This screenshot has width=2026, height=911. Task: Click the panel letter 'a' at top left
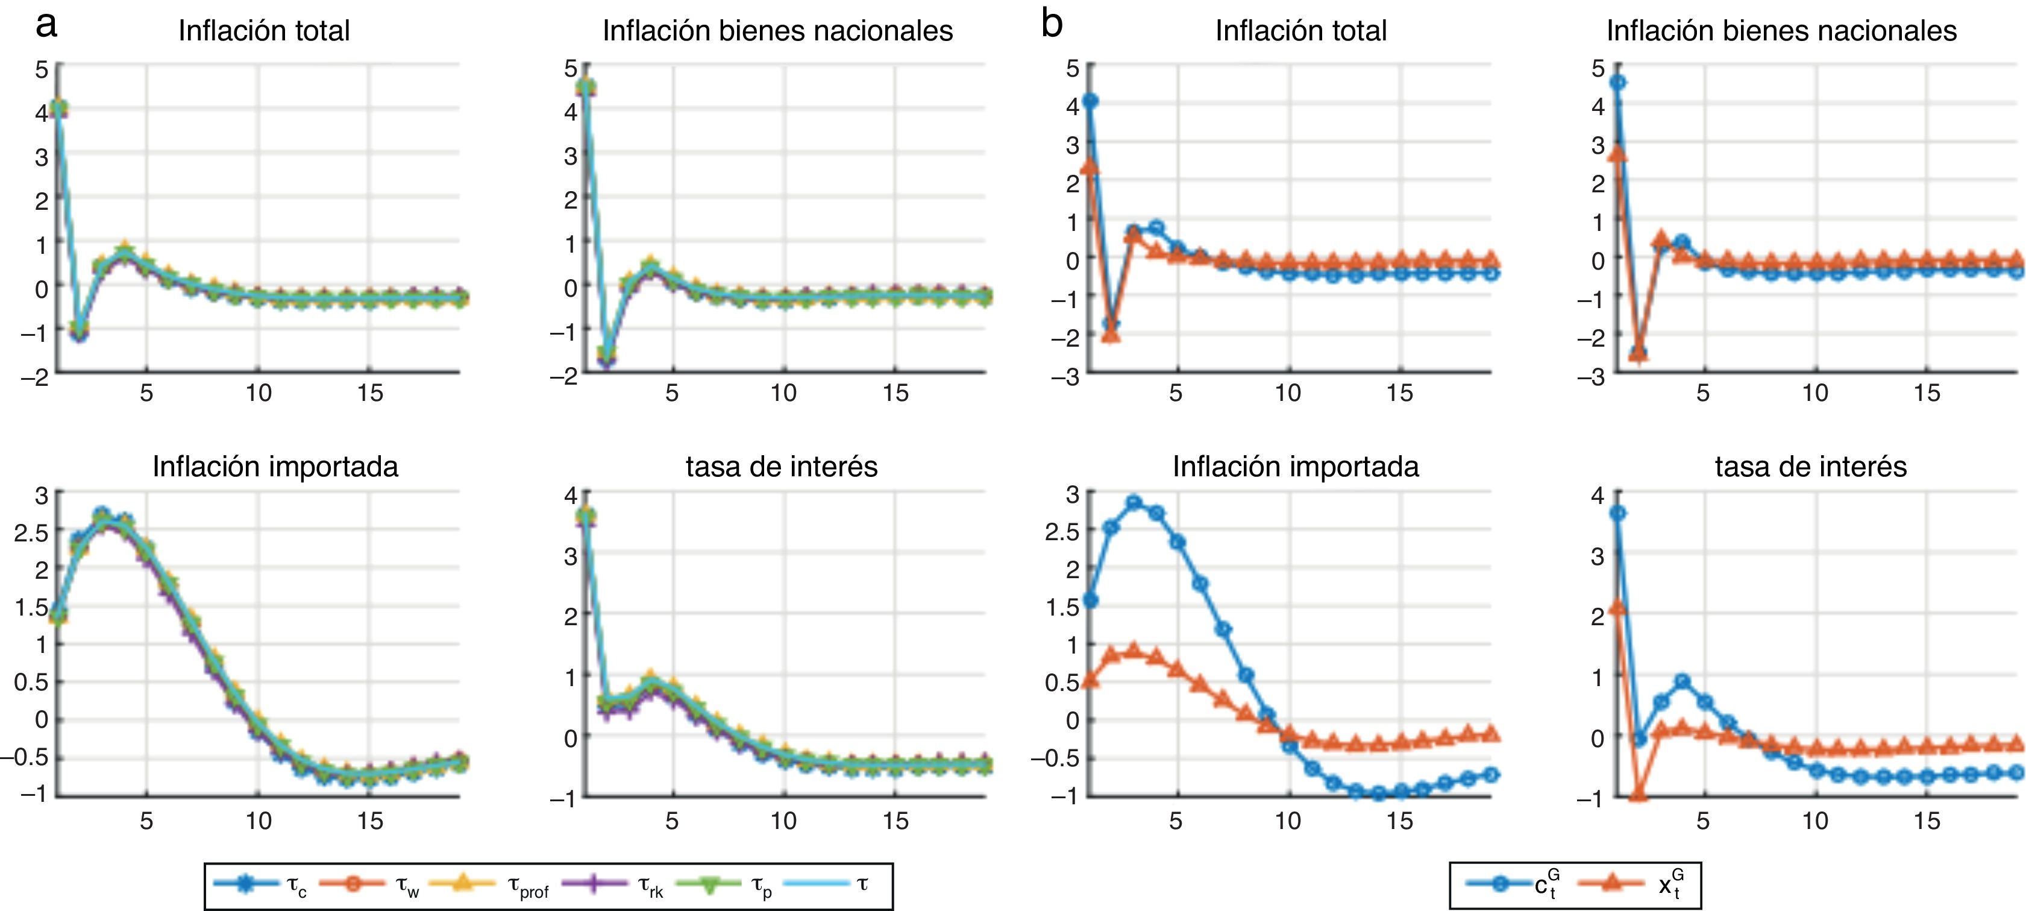(x=46, y=25)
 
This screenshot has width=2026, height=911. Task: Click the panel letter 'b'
(x=1052, y=25)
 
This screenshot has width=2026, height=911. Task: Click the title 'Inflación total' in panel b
(x=1301, y=31)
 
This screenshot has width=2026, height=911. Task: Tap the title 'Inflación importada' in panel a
(x=275, y=467)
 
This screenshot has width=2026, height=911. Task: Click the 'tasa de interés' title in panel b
(x=1810, y=467)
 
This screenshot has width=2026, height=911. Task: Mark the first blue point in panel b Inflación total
(x=1090, y=101)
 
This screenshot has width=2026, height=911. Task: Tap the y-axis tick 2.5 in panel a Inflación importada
(x=31, y=532)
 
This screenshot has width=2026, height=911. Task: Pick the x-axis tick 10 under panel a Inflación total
(x=258, y=392)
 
